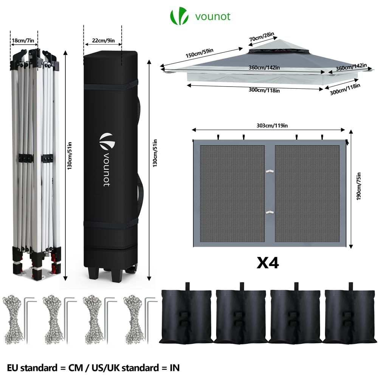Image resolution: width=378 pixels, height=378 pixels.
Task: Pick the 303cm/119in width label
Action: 269,125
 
